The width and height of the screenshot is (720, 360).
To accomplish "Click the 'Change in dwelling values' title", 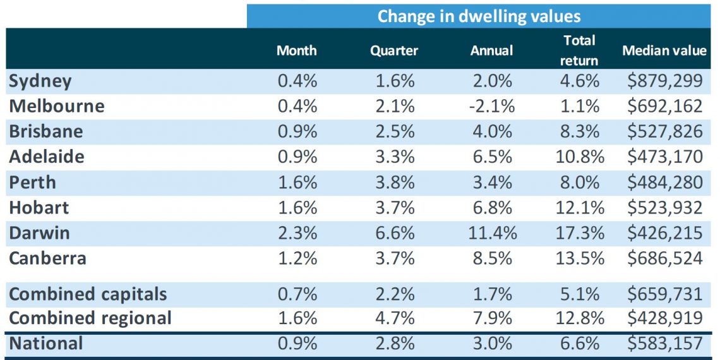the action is (479, 16).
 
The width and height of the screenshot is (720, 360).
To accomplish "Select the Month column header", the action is (297, 50).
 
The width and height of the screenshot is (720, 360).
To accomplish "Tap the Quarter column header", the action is (394, 51).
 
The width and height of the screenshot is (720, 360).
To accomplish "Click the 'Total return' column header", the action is (580, 50).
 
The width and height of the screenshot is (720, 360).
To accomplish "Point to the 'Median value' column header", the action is (664, 50).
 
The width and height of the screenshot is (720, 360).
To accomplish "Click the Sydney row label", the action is (40, 81).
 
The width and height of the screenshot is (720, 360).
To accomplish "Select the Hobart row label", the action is (39, 208).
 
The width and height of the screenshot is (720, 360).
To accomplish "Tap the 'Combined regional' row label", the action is (90, 318).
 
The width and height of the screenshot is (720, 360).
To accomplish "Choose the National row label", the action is (46, 343).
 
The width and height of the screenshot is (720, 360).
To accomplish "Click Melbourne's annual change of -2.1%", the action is (491, 107).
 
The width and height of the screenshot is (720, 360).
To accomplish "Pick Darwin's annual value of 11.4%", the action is (491, 233).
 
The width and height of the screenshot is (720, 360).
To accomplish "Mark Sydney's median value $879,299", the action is (665, 81).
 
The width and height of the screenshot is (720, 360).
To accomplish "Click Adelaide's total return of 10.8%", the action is (580, 157).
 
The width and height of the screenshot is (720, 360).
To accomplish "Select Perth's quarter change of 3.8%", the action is (393, 183).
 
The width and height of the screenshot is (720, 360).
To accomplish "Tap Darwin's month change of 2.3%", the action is (297, 233).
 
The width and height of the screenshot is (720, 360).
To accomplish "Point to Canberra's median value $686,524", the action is (665, 258).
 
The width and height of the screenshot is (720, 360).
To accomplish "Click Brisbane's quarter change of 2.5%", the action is (393, 132).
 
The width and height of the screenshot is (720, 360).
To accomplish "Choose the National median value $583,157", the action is (665, 343).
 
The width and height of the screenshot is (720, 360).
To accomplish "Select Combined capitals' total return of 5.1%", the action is (580, 294).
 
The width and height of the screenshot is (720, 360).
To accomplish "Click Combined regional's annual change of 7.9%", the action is (491, 318).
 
